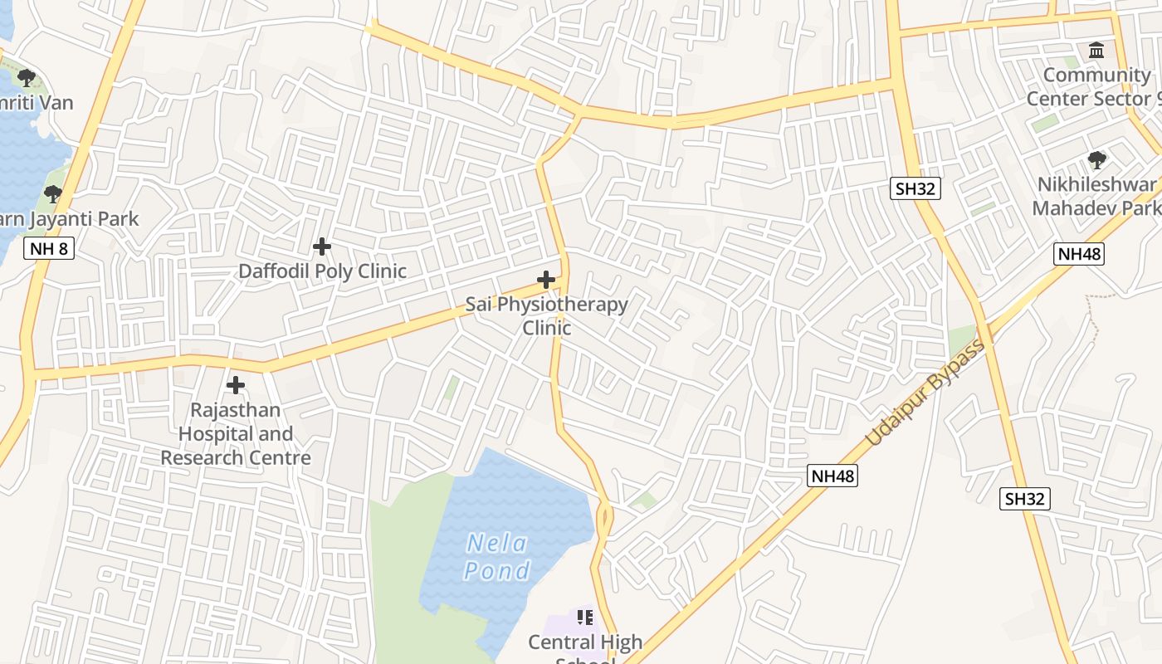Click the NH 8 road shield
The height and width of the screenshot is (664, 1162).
coord(49,248)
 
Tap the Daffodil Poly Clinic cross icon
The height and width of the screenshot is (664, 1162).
coord(322,247)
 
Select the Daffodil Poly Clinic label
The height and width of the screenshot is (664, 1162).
coord(323,271)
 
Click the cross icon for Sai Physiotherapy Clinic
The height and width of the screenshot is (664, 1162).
coord(546,280)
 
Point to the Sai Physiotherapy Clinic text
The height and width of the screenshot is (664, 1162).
coord(546,315)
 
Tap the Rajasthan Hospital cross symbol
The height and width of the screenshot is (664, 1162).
coord(236,385)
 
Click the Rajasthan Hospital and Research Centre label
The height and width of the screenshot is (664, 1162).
coord(236,434)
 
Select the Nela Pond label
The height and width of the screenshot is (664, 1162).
coord(496,557)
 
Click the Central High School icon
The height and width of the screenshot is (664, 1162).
coord(585,618)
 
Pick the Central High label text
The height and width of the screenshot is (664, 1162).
coord(585,642)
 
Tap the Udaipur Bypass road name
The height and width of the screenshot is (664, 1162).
coord(925,393)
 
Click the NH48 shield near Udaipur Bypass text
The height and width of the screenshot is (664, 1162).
coord(832,476)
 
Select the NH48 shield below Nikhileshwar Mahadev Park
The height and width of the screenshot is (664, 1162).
coord(1079,254)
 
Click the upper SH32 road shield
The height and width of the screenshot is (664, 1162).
coord(916,188)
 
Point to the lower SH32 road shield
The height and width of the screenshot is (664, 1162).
coord(1026,499)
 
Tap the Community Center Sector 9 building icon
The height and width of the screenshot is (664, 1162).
coord(1096,51)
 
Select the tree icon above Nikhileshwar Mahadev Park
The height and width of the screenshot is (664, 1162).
coord(1096,159)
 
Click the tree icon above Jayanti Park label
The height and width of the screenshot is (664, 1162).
coord(53,195)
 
